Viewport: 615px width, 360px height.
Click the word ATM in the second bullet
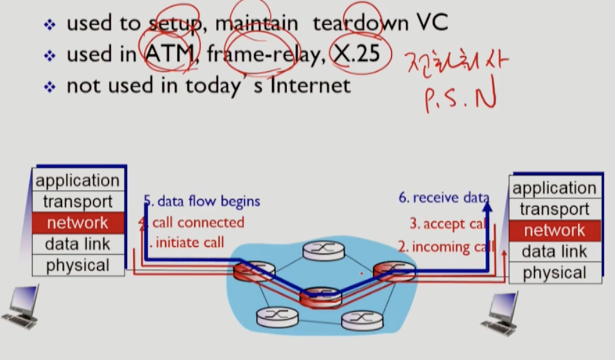coord(169,54)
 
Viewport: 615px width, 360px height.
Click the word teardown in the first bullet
coord(359,24)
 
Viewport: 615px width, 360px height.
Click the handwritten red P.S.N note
coord(460,98)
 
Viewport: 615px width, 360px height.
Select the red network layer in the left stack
coord(77,223)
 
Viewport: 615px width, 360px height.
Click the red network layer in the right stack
coord(554,230)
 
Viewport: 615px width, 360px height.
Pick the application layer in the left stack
coord(77,181)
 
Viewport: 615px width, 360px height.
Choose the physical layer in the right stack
coord(554,273)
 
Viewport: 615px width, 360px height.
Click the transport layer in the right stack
coord(554,209)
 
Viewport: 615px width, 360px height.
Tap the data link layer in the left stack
coord(77,244)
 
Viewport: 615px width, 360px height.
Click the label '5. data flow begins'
coord(202,201)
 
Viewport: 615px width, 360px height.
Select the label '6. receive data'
coord(442,198)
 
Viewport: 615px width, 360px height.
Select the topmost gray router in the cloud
coord(323,249)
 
